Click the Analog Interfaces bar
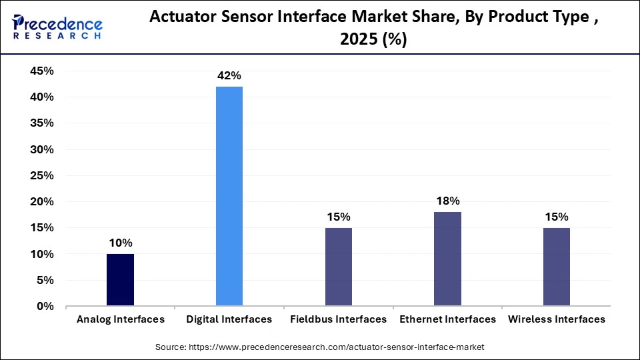(120, 280)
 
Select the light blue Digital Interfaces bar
(229, 197)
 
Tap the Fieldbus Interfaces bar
(339, 267)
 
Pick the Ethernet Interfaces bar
(447, 259)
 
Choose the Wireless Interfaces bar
(557, 267)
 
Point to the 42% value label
(229, 76)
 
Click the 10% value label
(120, 243)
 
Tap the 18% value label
(447, 201)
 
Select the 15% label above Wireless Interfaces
(557, 217)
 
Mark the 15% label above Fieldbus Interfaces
(339, 217)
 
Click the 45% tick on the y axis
(41, 71)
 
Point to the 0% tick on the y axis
(45, 307)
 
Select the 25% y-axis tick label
(41, 175)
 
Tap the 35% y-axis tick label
(41, 123)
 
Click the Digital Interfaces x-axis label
(229, 319)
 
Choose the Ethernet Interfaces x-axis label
(447, 319)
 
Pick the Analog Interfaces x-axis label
(120, 319)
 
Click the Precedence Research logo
(57, 27)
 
